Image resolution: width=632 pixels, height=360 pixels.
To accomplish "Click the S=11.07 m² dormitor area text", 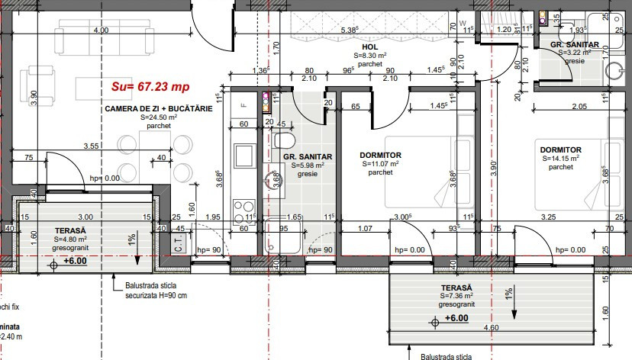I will tap(379, 164).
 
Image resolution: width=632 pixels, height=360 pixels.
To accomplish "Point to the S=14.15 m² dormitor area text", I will tap(560, 159).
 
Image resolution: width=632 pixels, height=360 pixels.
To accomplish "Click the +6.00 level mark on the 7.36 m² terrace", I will tap(455, 317).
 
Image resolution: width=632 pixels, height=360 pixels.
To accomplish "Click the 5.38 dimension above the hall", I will tap(349, 30).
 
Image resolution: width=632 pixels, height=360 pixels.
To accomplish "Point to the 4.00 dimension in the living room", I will tap(101, 30).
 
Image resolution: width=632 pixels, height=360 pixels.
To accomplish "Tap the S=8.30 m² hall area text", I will tap(370, 56).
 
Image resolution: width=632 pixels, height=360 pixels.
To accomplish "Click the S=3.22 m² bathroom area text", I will tap(575, 53).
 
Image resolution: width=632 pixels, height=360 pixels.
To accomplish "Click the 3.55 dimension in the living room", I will tap(92, 145).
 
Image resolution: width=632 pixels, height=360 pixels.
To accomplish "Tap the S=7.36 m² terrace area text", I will tap(456, 294).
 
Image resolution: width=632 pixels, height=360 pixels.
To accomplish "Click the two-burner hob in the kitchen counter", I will tap(243, 207).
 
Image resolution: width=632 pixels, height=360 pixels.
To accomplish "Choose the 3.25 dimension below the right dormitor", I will tap(548, 217).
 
